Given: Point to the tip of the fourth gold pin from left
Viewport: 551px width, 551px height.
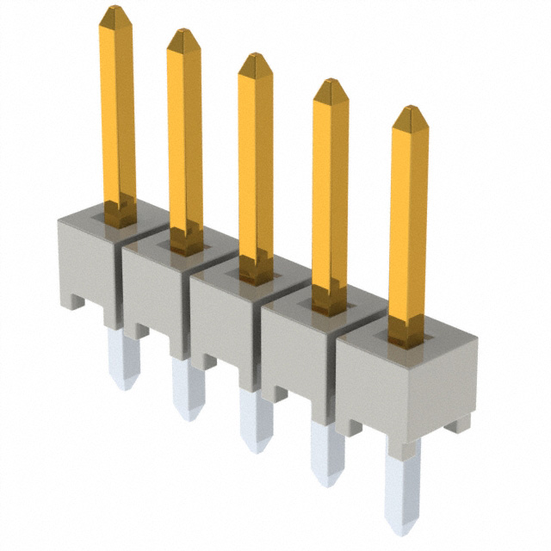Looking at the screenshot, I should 330,84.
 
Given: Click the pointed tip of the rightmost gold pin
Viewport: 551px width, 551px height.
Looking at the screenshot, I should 409,111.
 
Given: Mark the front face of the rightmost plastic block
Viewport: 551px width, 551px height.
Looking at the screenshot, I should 405,383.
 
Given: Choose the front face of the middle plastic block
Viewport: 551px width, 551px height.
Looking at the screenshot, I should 226,323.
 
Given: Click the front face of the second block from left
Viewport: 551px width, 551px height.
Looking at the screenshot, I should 155,293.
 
